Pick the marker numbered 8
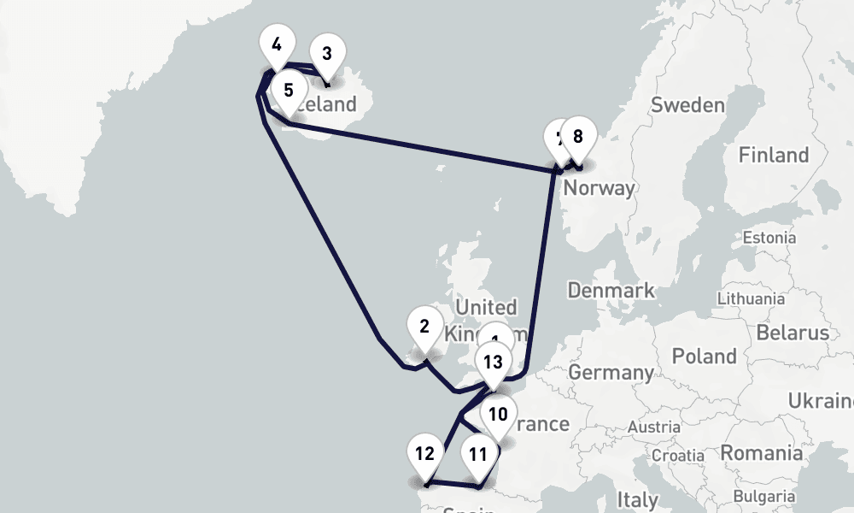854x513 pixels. coord(578,136)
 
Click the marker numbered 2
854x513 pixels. coord(424,327)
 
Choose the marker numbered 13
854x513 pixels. coord(493,363)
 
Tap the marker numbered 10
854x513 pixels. coord(499,416)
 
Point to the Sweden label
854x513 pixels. coord(687,105)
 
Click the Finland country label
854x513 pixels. coord(774,155)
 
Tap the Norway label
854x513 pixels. coord(600,188)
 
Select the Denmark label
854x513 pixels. coord(611,290)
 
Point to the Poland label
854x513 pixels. coord(705,356)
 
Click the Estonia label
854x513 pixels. coord(769,237)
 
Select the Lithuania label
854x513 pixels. coord(751,298)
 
